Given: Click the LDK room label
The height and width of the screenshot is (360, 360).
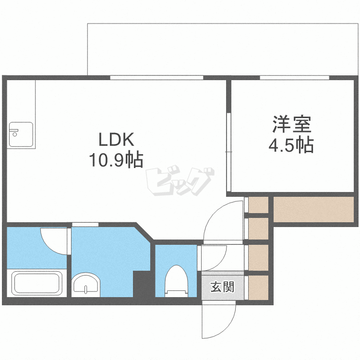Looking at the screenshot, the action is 116,140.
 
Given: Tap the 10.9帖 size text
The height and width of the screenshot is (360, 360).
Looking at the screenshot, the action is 116,159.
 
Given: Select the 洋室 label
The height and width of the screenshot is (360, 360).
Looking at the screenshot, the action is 291,124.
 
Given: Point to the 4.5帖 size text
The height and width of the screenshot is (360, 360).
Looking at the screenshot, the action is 291,144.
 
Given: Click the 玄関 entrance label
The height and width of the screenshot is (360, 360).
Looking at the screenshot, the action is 222,287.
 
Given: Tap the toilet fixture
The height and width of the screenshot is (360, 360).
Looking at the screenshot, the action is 176,281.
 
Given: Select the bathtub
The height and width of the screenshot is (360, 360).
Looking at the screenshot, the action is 37,283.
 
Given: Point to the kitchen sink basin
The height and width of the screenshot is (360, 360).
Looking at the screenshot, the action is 21,134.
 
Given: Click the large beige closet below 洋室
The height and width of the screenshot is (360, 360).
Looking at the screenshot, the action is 313,209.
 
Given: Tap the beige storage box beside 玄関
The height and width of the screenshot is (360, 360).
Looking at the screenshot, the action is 259,288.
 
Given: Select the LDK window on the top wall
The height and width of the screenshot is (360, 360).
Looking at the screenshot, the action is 156,78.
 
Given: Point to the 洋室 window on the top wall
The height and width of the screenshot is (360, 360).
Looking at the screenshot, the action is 295,78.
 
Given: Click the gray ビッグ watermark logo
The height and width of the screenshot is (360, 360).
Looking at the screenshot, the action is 180,180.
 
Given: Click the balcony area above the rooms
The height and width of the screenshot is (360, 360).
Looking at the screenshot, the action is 223,49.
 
